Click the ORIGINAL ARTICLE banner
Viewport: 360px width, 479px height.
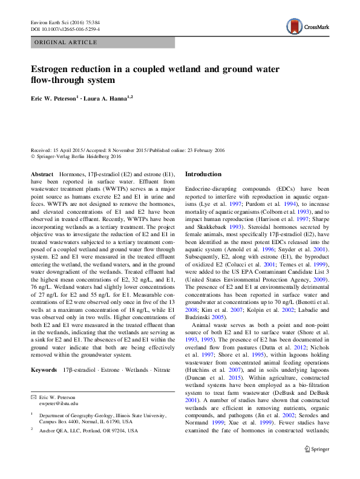tap(67, 43)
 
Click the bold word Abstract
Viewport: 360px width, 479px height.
tap(42, 174)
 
